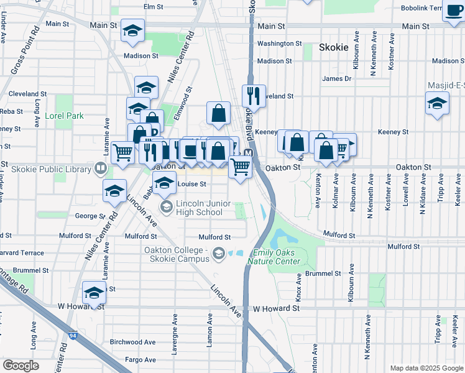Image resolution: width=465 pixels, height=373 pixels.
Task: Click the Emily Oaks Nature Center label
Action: tap(277, 257)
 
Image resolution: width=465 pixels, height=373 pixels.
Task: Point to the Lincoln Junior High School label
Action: tap(199, 208)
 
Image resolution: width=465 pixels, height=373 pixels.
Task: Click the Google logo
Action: tap(21, 365)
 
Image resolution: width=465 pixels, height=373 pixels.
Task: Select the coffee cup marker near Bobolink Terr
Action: tap(453, 12)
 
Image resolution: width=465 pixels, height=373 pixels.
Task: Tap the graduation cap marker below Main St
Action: tap(132, 31)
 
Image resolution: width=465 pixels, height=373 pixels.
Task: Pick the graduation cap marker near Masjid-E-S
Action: tap(438, 103)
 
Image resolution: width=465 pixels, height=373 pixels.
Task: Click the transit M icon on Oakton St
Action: tap(248, 154)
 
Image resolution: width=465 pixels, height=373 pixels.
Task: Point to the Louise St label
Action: tap(191, 184)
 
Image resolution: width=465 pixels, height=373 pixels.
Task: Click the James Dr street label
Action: tap(336, 78)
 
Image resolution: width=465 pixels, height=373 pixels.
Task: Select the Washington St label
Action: tap(279, 44)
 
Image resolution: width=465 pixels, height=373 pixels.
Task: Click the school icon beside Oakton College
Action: tap(219, 253)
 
